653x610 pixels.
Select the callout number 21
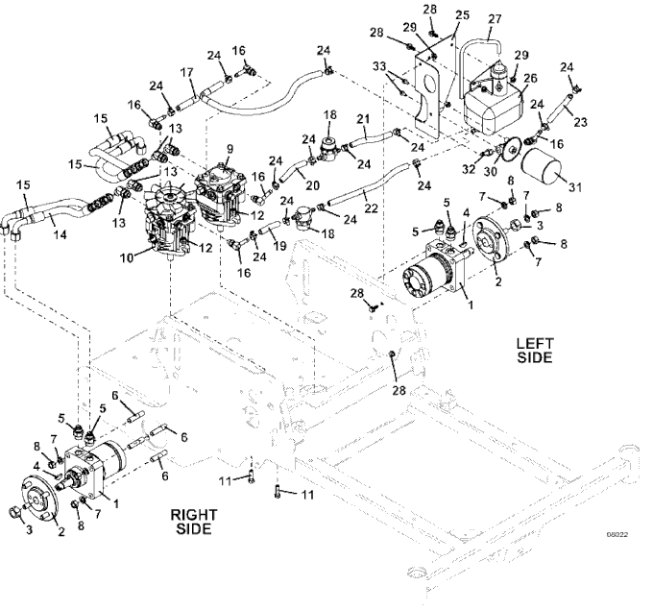[362, 119]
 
